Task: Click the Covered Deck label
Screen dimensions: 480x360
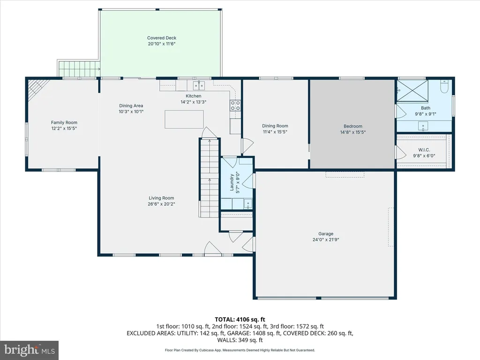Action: pos(162,38)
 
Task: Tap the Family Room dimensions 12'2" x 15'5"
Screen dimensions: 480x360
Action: pos(64,128)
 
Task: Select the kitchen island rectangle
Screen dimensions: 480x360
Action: pos(184,119)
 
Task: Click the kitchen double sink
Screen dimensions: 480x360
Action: pos(199,85)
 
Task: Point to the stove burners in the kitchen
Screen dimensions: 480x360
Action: pos(235,105)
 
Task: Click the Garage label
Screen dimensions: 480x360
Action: pos(326,233)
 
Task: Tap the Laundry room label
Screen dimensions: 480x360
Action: pos(232,182)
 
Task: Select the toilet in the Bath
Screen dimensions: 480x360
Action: pos(444,86)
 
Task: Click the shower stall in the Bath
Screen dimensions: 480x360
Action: pos(412,90)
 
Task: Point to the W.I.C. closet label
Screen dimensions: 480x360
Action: pos(424,150)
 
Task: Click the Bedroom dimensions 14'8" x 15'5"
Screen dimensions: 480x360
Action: pos(353,132)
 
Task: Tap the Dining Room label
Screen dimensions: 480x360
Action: pos(275,126)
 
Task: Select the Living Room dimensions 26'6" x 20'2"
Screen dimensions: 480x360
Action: pos(161,204)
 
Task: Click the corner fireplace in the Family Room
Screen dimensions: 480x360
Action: pos(37,87)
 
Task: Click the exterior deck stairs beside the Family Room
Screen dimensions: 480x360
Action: pos(79,69)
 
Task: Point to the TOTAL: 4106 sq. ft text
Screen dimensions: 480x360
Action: pos(240,320)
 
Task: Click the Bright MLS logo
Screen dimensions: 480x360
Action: pos(30,350)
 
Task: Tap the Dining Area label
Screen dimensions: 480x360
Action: pos(131,105)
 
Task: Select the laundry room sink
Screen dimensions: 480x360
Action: pos(247,203)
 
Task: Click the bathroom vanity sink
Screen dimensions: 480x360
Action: pos(424,126)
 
